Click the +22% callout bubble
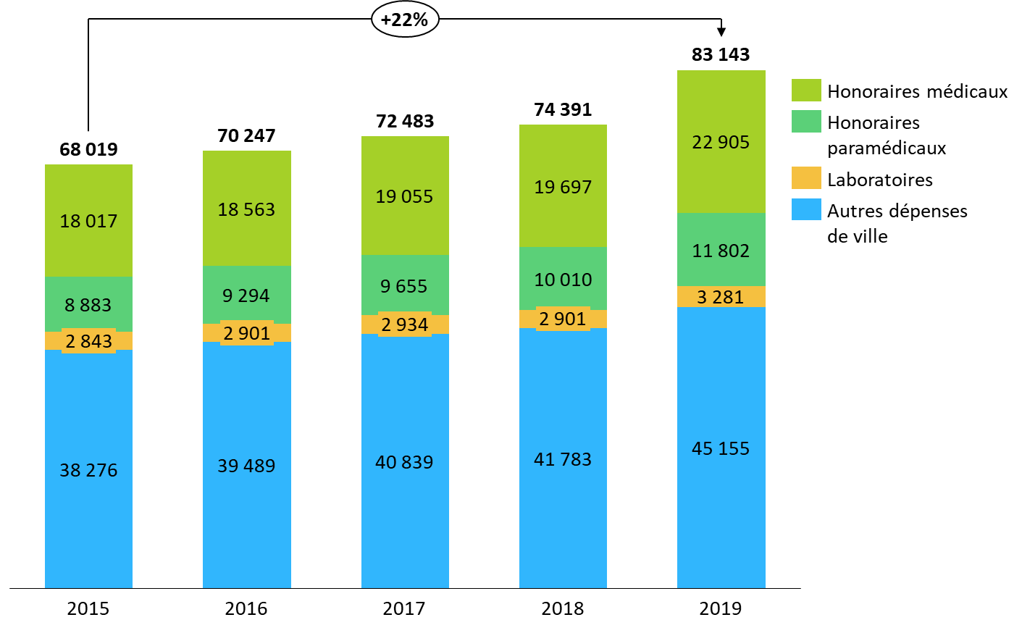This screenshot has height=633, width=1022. click(405, 20)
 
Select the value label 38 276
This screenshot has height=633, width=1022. click(88, 471)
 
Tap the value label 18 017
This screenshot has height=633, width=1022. click(88, 222)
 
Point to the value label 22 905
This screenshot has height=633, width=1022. click(721, 143)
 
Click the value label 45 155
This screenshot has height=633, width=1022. click(721, 449)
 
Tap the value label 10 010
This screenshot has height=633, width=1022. click(563, 280)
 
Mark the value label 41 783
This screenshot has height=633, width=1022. click(563, 460)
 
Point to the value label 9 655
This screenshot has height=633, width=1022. click(404, 287)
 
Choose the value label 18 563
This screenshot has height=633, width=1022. click(246, 210)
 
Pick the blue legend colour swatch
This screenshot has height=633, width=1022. click(806, 209)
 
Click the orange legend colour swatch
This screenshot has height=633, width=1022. click(806, 177)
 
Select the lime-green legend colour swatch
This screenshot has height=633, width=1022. click(806, 90)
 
